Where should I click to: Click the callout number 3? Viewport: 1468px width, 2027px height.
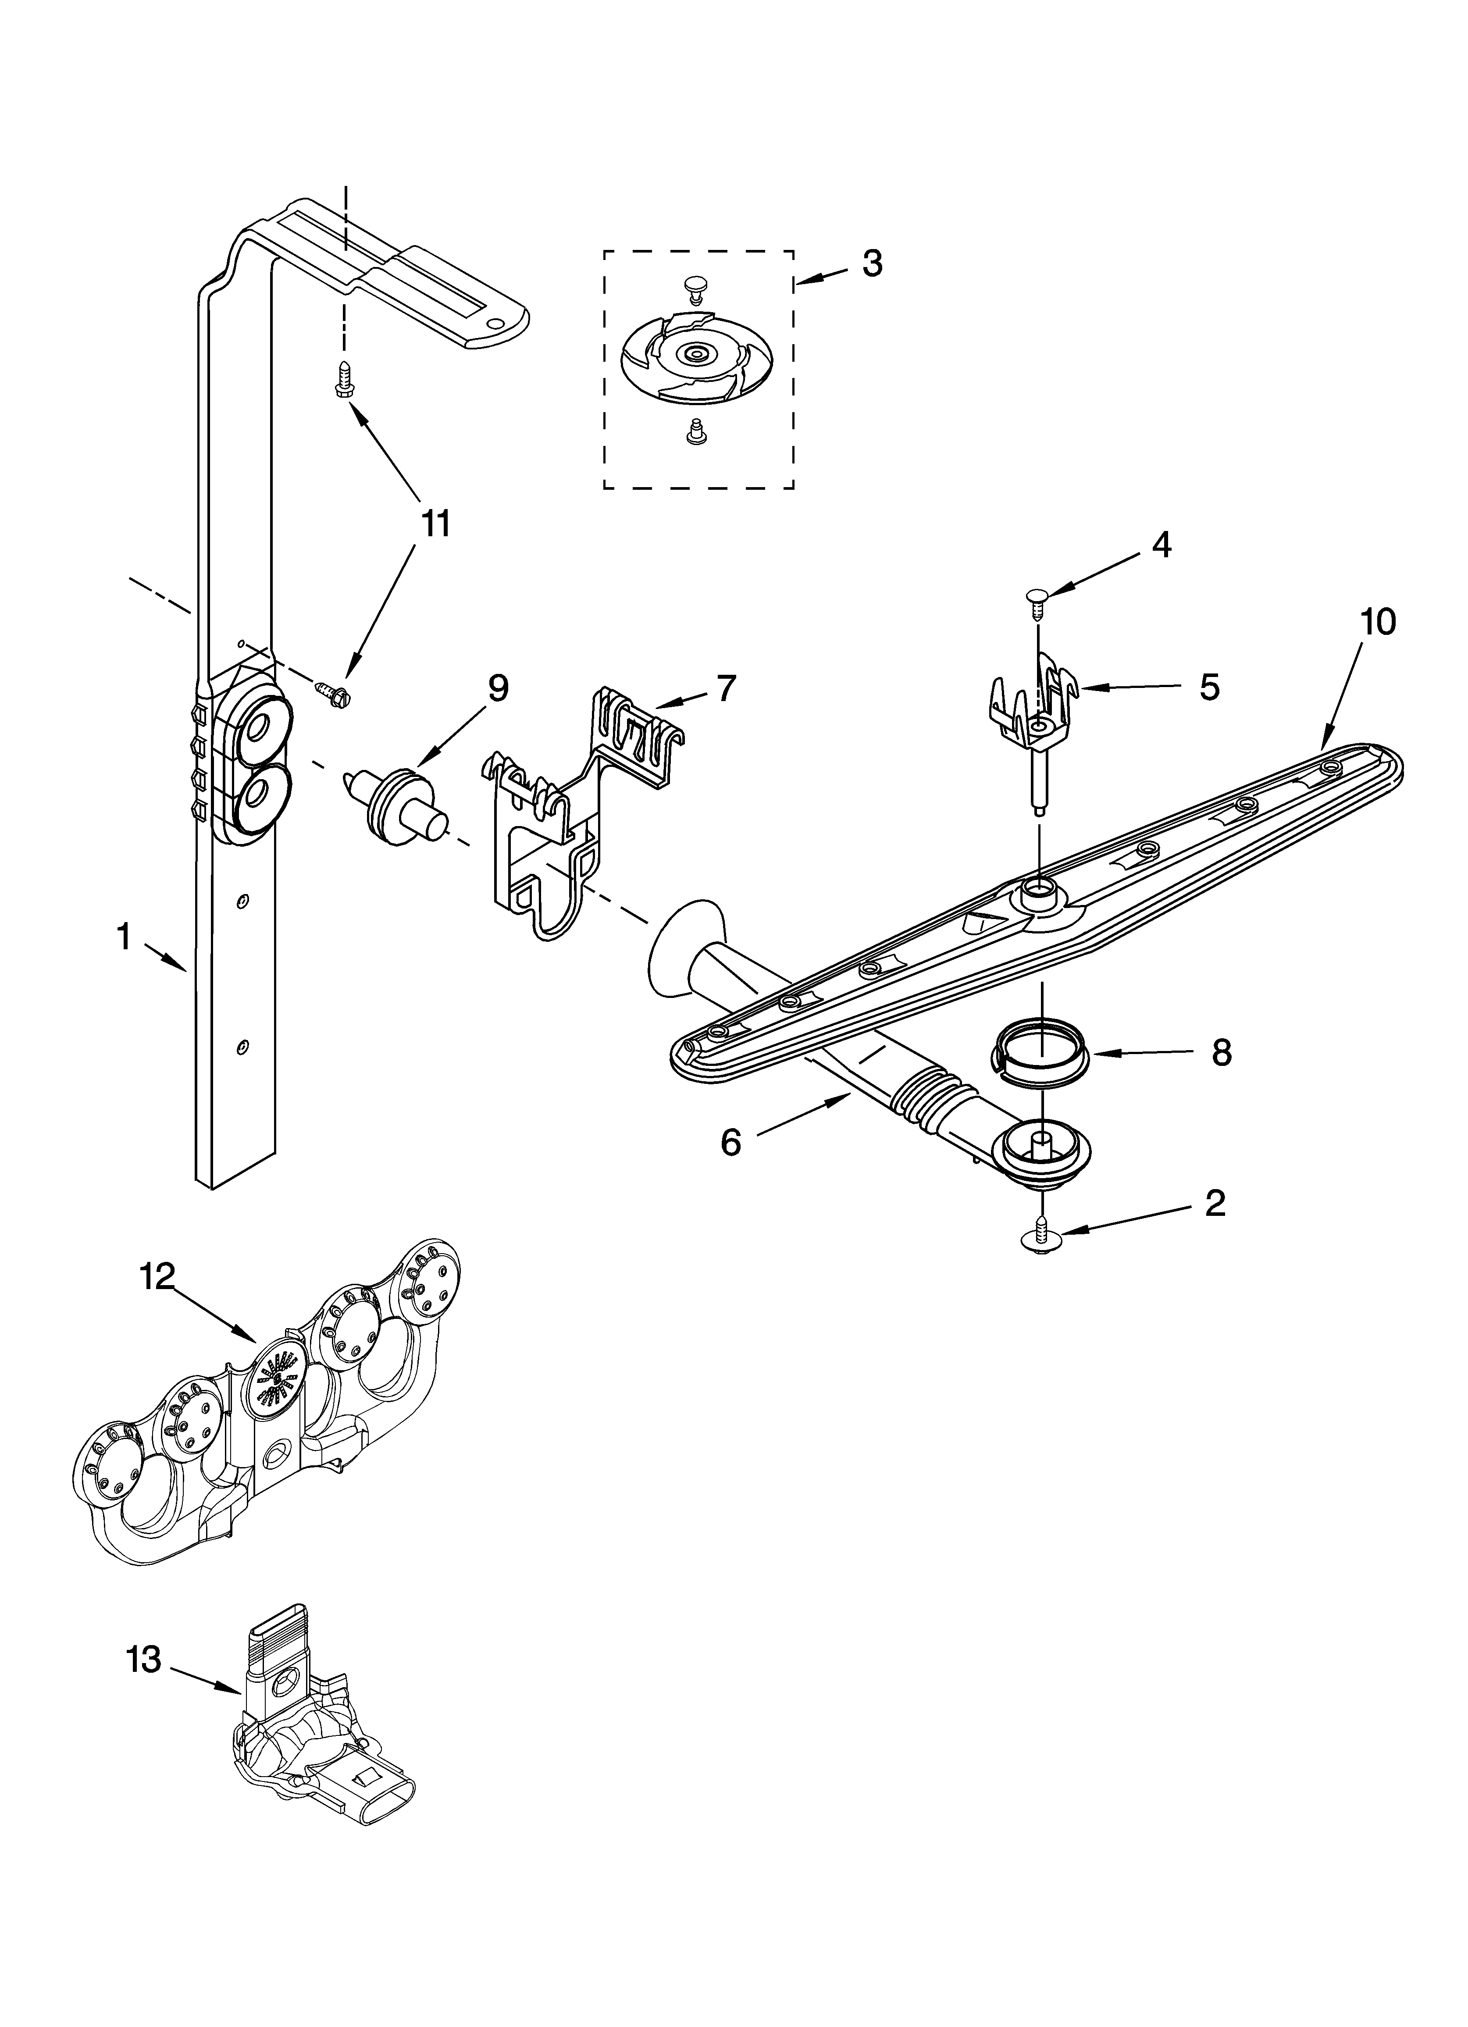(x=872, y=264)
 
